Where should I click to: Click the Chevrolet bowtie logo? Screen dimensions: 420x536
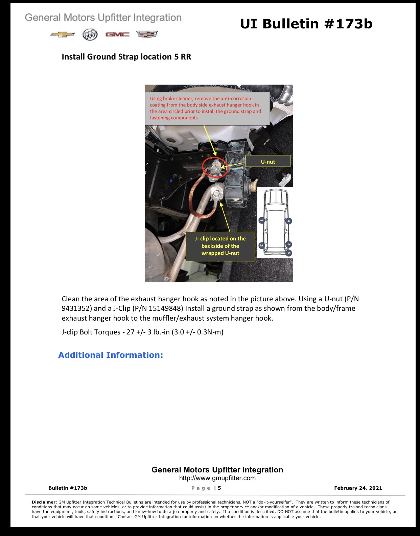coord(63,34)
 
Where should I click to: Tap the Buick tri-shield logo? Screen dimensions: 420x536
coord(90,34)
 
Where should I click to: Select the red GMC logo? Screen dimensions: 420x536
coord(117,34)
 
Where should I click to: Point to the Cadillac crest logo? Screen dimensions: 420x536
coord(147,34)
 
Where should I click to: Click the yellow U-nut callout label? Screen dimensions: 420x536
coord(268,161)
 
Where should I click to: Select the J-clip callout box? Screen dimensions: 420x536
coord(220,246)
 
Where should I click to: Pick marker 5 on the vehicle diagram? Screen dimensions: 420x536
coord(289,253)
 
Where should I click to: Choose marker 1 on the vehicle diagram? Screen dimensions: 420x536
coord(262,220)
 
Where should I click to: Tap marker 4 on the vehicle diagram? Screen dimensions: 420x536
coord(289,221)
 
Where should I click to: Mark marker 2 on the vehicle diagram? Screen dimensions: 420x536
coord(261,246)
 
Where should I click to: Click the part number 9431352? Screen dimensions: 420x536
coord(77,308)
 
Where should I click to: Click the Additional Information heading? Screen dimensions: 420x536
coord(111,355)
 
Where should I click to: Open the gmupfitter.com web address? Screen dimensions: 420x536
coord(217,478)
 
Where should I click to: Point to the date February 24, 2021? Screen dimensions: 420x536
coord(358,488)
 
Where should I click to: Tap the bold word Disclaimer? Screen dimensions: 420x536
coord(44,502)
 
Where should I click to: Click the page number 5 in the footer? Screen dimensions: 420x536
coord(219,488)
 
